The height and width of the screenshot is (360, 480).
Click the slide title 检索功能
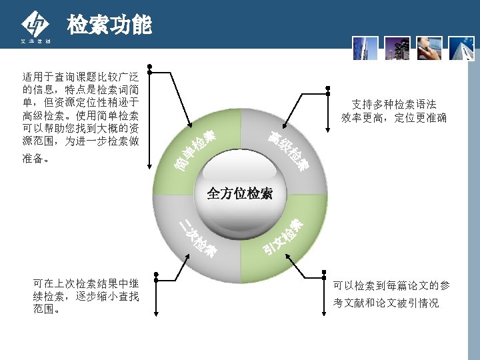pos(109,25)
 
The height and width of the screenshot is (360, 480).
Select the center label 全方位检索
pos(239,194)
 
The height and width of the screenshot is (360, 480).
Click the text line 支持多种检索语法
pos(394,105)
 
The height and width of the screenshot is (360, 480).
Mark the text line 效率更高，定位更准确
pos(394,118)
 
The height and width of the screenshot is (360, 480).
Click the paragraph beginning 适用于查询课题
pos(81,117)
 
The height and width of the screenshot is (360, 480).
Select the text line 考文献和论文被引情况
pos(386,303)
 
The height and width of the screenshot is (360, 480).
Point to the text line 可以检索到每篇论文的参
pos(391,286)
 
